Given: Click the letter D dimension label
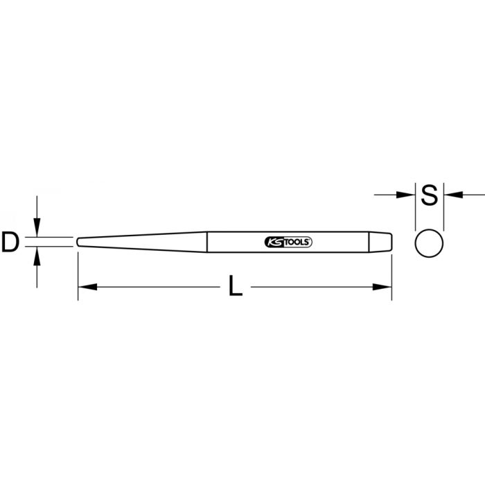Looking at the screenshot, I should tap(10, 242).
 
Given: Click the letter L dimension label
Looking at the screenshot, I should tap(236, 287).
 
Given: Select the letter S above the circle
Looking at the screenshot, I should tap(430, 195).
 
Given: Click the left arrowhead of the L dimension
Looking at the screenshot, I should tap(85, 286).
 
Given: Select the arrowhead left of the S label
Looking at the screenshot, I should tap(407, 195).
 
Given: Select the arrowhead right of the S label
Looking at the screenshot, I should tap(451, 195).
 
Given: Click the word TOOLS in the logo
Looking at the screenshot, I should tap(297, 242).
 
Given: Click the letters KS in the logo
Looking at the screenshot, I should tap(272, 242).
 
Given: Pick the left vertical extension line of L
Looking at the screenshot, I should tap(78, 277).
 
